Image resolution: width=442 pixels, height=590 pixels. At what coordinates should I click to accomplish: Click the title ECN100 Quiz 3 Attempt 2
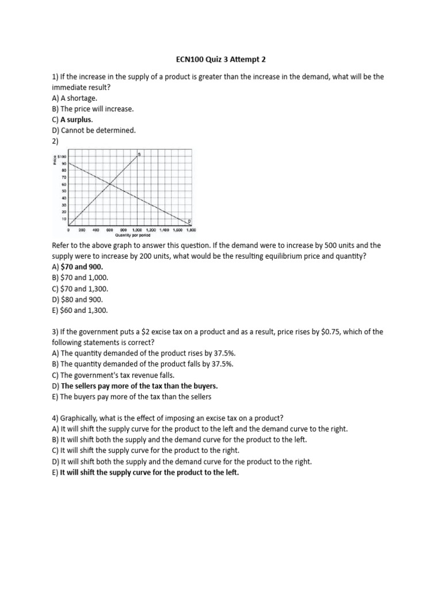tap(221, 59)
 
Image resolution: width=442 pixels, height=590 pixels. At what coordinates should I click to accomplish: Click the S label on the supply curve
tap(139, 154)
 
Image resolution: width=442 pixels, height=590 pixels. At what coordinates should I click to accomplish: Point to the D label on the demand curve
tap(189, 222)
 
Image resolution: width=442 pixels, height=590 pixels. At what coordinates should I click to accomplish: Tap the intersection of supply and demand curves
tap(109, 184)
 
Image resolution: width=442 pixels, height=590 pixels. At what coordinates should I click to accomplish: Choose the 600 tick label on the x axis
tap(109, 229)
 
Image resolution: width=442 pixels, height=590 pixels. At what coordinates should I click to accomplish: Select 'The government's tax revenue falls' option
tap(117, 375)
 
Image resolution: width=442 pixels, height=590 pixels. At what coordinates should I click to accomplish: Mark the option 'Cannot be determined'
tap(98, 130)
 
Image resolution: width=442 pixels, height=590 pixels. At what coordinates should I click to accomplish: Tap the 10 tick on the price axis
tap(64, 219)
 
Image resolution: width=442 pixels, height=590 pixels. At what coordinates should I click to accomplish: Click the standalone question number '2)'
tap(55, 141)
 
